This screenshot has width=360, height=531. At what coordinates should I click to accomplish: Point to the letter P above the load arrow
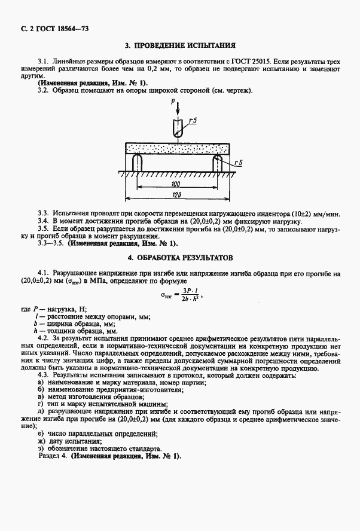point(173,103)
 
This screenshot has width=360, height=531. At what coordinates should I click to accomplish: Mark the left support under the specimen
point(136,163)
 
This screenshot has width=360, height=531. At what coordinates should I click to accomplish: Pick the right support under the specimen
point(218,163)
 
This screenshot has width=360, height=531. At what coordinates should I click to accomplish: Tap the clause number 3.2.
point(42,90)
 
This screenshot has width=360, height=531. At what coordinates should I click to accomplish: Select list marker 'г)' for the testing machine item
point(40,404)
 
